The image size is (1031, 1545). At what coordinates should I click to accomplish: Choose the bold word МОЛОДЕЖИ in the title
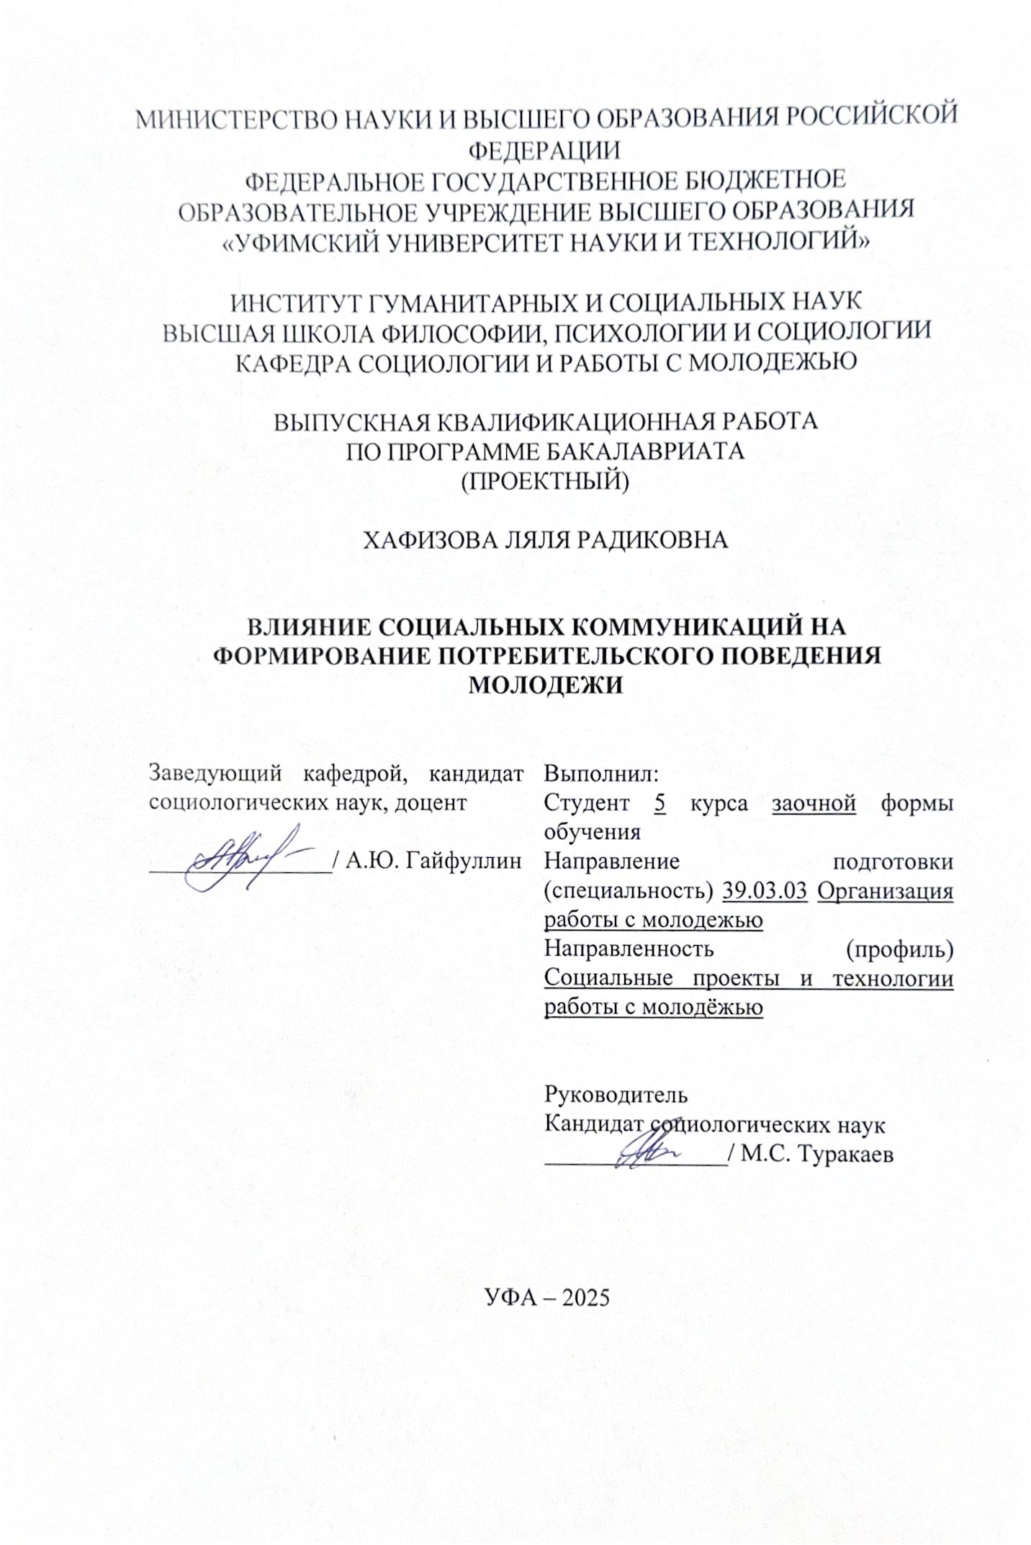pos(545,685)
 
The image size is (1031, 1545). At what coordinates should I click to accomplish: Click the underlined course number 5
pos(660,802)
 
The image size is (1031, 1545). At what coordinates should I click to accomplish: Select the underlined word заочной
pos(814,802)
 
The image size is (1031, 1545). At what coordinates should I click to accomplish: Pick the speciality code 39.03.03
pos(765,891)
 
